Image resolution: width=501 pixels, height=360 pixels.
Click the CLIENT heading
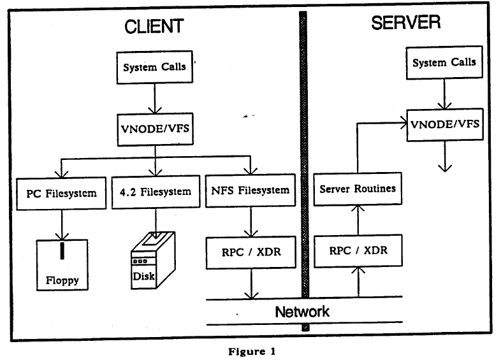[x=154, y=26]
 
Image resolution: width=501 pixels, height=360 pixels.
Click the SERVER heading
[x=405, y=24]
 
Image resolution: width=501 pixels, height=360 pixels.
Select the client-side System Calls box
[x=154, y=67]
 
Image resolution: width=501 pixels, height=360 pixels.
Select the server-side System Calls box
[x=444, y=63]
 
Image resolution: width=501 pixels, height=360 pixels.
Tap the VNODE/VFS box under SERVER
[x=444, y=122]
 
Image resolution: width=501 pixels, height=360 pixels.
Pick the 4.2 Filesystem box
[x=155, y=191]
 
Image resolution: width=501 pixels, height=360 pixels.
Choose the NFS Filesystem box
[x=250, y=189]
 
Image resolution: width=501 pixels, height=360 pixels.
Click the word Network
[x=302, y=312]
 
